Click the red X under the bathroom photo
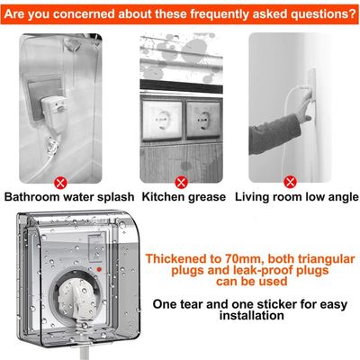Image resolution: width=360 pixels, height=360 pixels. tap(60, 183)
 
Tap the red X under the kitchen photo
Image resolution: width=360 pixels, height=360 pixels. tap(181, 183)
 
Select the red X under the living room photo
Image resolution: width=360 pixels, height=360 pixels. tap(290, 182)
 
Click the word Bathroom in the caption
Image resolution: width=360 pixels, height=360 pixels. tap(31, 197)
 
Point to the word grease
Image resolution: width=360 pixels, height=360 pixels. tap(207, 198)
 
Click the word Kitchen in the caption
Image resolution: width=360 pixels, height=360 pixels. tap(163, 197)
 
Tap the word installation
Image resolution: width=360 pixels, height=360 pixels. tap(251, 316)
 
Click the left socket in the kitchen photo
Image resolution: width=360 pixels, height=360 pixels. tap(162, 120)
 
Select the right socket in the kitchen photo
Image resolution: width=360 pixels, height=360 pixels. tap(203, 120)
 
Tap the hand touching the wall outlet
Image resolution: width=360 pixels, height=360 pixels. tap(303, 106)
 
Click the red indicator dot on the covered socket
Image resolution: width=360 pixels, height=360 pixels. tap(99, 269)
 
